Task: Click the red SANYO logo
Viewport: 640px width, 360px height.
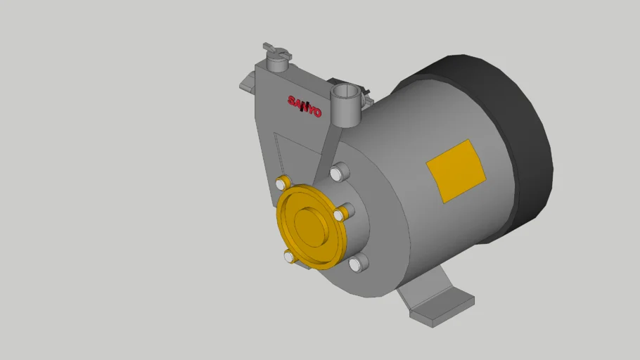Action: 305,107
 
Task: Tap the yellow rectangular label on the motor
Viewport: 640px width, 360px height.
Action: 456,171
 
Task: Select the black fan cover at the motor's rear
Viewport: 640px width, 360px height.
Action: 510,147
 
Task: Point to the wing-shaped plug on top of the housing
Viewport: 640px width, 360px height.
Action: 277,51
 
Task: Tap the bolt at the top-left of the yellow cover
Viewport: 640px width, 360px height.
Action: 282,183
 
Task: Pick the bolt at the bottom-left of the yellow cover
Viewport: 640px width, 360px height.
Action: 290,257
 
